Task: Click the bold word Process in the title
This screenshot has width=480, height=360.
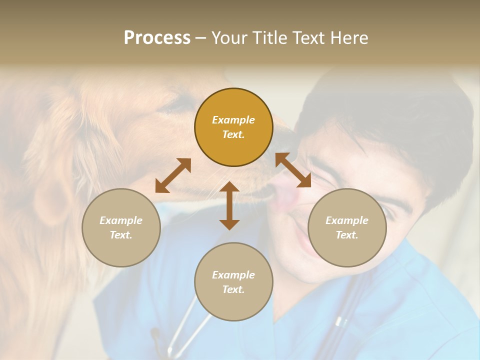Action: (x=157, y=38)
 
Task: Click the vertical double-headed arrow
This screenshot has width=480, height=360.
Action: (x=229, y=205)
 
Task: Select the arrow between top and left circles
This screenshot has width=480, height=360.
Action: (x=173, y=175)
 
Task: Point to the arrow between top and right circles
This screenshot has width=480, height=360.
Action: (x=293, y=170)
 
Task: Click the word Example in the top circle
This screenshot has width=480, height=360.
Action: (x=233, y=120)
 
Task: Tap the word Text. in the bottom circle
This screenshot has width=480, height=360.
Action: (x=233, y=289)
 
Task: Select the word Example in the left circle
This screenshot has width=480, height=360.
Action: (x=121, y=220)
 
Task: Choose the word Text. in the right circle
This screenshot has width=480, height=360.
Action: (x=347, y=235)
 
